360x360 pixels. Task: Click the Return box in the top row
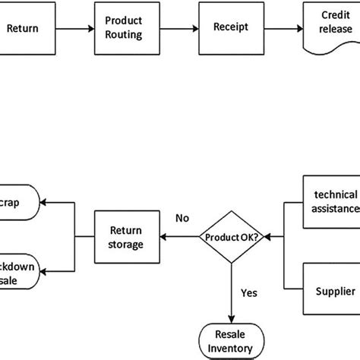click(x=23, y=30)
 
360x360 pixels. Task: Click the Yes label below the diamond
click(x=249, y=291)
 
